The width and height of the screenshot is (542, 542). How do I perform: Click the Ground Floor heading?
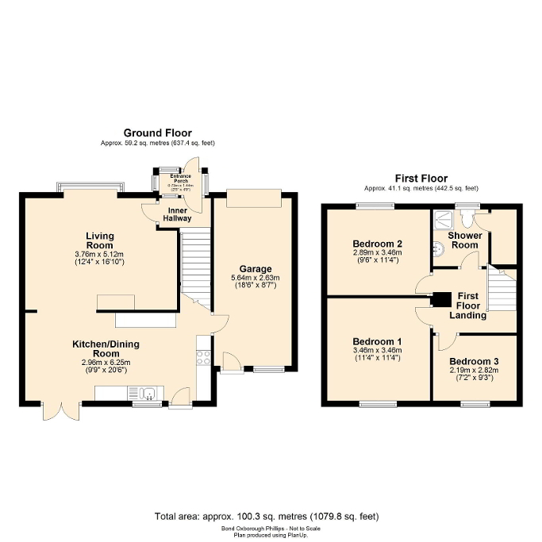(157, 133)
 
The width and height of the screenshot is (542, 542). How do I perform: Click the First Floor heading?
(421, 179)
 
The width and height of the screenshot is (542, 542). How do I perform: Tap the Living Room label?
(101, 240)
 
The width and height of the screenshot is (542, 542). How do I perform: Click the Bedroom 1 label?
(377, 341)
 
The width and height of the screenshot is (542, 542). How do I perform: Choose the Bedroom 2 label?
(377, 244)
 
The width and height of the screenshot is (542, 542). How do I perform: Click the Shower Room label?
(463, 240)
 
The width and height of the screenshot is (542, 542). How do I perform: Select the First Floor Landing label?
(471, 305)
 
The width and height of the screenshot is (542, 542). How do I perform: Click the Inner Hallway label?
(178, 214)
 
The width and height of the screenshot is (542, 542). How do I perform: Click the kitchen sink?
(148, 392)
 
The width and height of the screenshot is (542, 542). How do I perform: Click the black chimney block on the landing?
(439, 300)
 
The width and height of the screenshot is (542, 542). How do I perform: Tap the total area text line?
(271, 516)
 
